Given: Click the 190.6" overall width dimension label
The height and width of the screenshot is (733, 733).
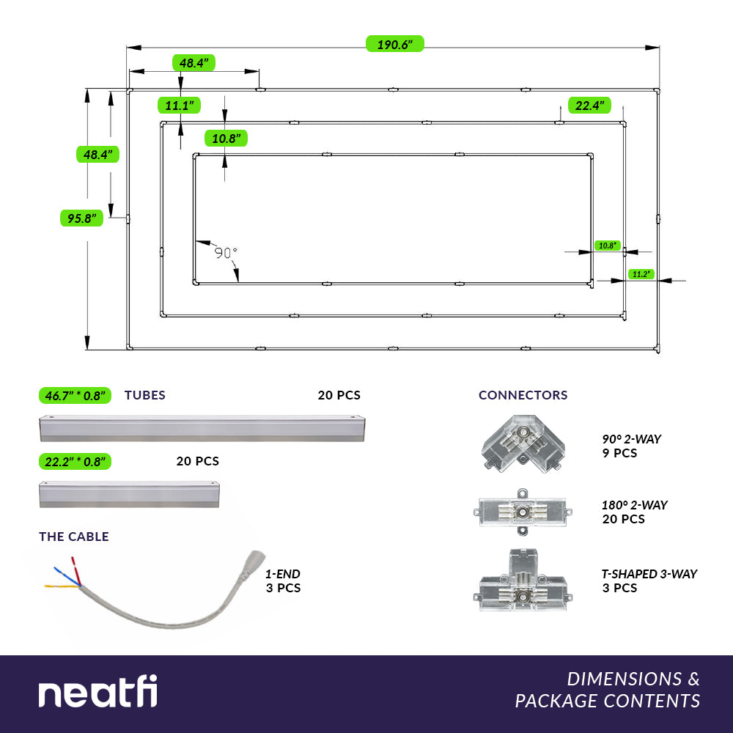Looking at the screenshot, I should (x=395, y=45).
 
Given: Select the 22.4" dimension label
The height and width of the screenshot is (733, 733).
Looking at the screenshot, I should (x=590, y=106).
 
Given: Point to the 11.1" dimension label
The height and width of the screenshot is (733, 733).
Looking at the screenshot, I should (x=180, y=106).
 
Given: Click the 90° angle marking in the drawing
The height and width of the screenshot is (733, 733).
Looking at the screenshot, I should (x=226, y=253).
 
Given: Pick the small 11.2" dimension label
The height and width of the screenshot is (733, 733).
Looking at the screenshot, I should (x=640, y=274).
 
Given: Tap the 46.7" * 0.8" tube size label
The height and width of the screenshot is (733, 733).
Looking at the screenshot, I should (x=75, y=396).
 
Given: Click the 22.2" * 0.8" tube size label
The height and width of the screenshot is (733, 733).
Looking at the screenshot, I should (x=75, y=462).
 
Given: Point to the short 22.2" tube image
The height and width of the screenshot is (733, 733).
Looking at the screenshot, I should (x=129, y=494).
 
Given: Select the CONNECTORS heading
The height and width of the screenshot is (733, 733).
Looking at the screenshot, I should (x=523, y=395).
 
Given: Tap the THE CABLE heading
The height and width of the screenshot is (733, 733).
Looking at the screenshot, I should (x=74, y=537).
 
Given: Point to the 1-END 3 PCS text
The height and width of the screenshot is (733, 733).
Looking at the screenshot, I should (x=283, y=581).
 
